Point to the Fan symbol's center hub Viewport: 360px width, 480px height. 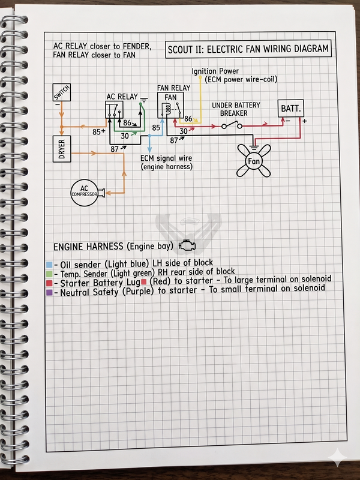coord(253,161)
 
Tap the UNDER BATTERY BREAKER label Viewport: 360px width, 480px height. coord(236,109)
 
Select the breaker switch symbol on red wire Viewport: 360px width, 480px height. coord(232,125)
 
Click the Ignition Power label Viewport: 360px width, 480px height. coord(215,71)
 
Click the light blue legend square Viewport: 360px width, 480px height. coord(49,265)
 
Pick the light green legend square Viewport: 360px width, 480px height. coord(49,274)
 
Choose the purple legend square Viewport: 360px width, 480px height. coord(49,292)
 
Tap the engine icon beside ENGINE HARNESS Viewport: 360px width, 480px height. coord(187,245)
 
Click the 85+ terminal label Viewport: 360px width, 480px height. coord(99,132)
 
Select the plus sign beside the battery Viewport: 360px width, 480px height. coord(305,121)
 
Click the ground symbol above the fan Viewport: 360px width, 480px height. coord(253,148)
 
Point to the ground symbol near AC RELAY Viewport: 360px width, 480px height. coord(144,100)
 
